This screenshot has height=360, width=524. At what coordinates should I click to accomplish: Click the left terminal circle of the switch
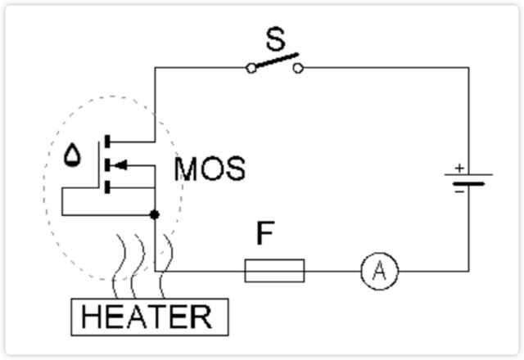[x=251, y=69]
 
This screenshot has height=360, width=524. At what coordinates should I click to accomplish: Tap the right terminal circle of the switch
[x=298, y=69]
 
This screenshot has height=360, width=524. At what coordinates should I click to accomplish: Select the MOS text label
[x=210, y=169]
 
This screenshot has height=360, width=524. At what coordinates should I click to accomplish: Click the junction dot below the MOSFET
[x=155, y=214]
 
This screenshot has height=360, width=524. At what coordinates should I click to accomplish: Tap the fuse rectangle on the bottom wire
[x=274, y=270]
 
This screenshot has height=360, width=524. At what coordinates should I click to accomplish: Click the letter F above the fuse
[x=264, y=235]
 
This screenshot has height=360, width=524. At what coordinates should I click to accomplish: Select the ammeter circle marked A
[x=379, y=271]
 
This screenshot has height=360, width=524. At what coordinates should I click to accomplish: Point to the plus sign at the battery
[x=459, y=167]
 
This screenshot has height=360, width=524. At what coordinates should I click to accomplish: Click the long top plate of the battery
[x=468, y=174]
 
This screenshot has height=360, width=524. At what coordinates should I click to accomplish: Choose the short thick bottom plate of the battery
[x=468, y=183]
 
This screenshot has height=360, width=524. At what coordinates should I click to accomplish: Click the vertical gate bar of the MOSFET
[x=100, y=164]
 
